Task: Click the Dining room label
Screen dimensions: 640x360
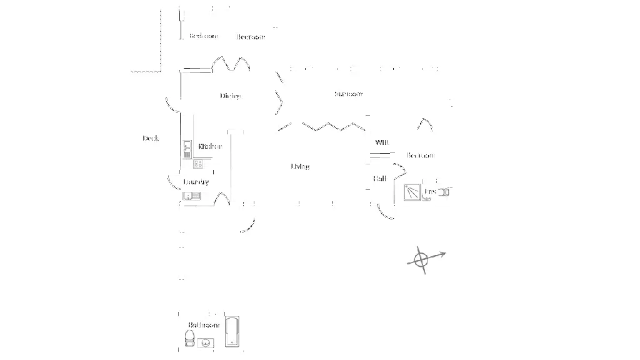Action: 229,96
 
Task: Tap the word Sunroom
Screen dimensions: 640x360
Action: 348,94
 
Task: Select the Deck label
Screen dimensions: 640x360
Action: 151,138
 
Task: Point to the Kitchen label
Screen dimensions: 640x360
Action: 210,146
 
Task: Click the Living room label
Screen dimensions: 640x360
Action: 300,166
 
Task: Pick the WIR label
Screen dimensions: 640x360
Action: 381,143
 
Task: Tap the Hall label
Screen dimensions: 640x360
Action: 379,179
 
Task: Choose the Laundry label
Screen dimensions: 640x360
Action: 196,182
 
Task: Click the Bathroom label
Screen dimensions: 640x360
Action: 204,325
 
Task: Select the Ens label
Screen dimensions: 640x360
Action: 429,191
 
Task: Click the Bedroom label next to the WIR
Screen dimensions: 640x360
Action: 420,155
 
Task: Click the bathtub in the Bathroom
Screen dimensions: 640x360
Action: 232,330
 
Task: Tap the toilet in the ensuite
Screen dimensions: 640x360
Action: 443,191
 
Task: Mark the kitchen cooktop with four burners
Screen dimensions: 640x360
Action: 199,164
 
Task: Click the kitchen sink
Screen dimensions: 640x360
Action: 187,149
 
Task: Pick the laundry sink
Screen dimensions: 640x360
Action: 189,196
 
